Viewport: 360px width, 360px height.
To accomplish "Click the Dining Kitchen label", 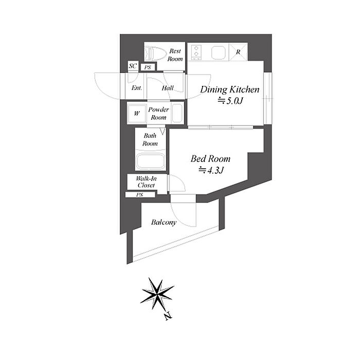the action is tap(230, 89).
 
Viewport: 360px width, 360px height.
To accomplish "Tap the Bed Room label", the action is tap(210, 158).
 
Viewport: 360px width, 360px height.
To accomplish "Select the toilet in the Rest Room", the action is tap(155, 53).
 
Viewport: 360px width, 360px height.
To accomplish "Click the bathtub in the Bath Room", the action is tap(150, 161).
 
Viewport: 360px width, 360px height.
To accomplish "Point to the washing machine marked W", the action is tap(137, 114).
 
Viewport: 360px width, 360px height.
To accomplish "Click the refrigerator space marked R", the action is tap(238, 52).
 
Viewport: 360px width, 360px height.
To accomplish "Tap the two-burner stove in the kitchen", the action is tap(196, 51).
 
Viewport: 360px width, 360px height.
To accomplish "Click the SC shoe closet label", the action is tap(133, 66).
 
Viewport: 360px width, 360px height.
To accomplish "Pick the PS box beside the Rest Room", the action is tap(148, 67).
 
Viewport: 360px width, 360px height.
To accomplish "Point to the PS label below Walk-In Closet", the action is tap(139, 195).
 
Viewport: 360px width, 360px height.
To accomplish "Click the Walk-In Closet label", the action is tap(146, 182).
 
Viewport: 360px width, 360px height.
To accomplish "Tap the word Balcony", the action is tap(164, 222).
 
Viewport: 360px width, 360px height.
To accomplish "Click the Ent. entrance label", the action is tap(137, 88).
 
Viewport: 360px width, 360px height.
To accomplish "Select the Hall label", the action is tap(168, 88).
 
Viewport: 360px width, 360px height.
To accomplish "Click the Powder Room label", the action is tap(158, 114).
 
